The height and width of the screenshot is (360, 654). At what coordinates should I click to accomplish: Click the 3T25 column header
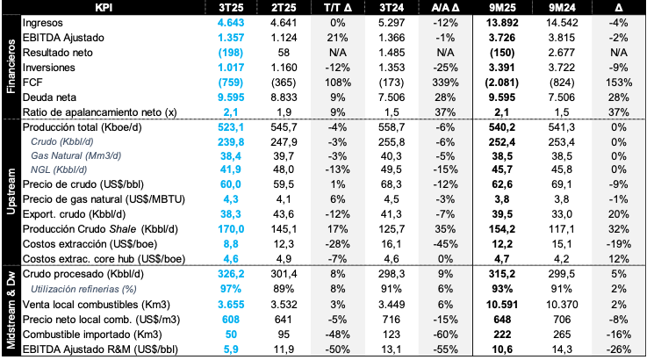[x=231, y=7]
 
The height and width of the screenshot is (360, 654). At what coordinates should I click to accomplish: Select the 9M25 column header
[x=502, y=7]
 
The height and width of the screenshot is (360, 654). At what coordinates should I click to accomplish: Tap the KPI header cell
[x=104, y=7]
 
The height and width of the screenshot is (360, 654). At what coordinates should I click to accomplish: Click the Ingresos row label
[x=42, y=23]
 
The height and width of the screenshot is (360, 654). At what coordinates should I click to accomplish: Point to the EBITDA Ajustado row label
[x=63, y=38]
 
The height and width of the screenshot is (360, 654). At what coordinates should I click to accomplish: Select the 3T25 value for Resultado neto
[x=231, y=53]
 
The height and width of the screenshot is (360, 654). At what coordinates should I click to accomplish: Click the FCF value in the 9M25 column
[x=502, y=83]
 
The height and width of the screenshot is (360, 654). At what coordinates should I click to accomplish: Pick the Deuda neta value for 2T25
[x=284, y=97]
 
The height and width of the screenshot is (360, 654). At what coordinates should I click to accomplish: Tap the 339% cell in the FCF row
[x=445, y=83]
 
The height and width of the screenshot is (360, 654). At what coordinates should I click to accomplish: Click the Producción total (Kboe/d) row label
[x=83, y=127]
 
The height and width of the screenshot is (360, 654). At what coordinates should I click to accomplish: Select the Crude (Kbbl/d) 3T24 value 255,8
[x=392, y=142]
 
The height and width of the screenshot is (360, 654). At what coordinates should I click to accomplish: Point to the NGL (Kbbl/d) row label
[x=59, y=169]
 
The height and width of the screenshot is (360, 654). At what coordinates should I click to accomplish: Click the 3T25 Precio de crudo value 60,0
[x=232, y=184]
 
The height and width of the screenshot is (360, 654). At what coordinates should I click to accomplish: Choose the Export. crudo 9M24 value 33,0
[x=562, y=214]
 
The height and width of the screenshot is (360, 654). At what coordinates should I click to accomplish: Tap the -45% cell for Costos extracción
[x=445, y=244]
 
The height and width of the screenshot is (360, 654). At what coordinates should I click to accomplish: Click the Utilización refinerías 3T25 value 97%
[x=231, y=289]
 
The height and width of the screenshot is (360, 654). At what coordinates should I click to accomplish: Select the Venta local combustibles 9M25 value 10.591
[x=502, y=305]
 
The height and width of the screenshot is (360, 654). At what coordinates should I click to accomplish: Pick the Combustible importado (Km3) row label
[x=92, y=335]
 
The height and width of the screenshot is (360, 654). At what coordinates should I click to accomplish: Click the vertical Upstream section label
[x=11, y=191]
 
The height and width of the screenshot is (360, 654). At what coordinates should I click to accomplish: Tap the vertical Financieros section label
[x=11, y=67]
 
